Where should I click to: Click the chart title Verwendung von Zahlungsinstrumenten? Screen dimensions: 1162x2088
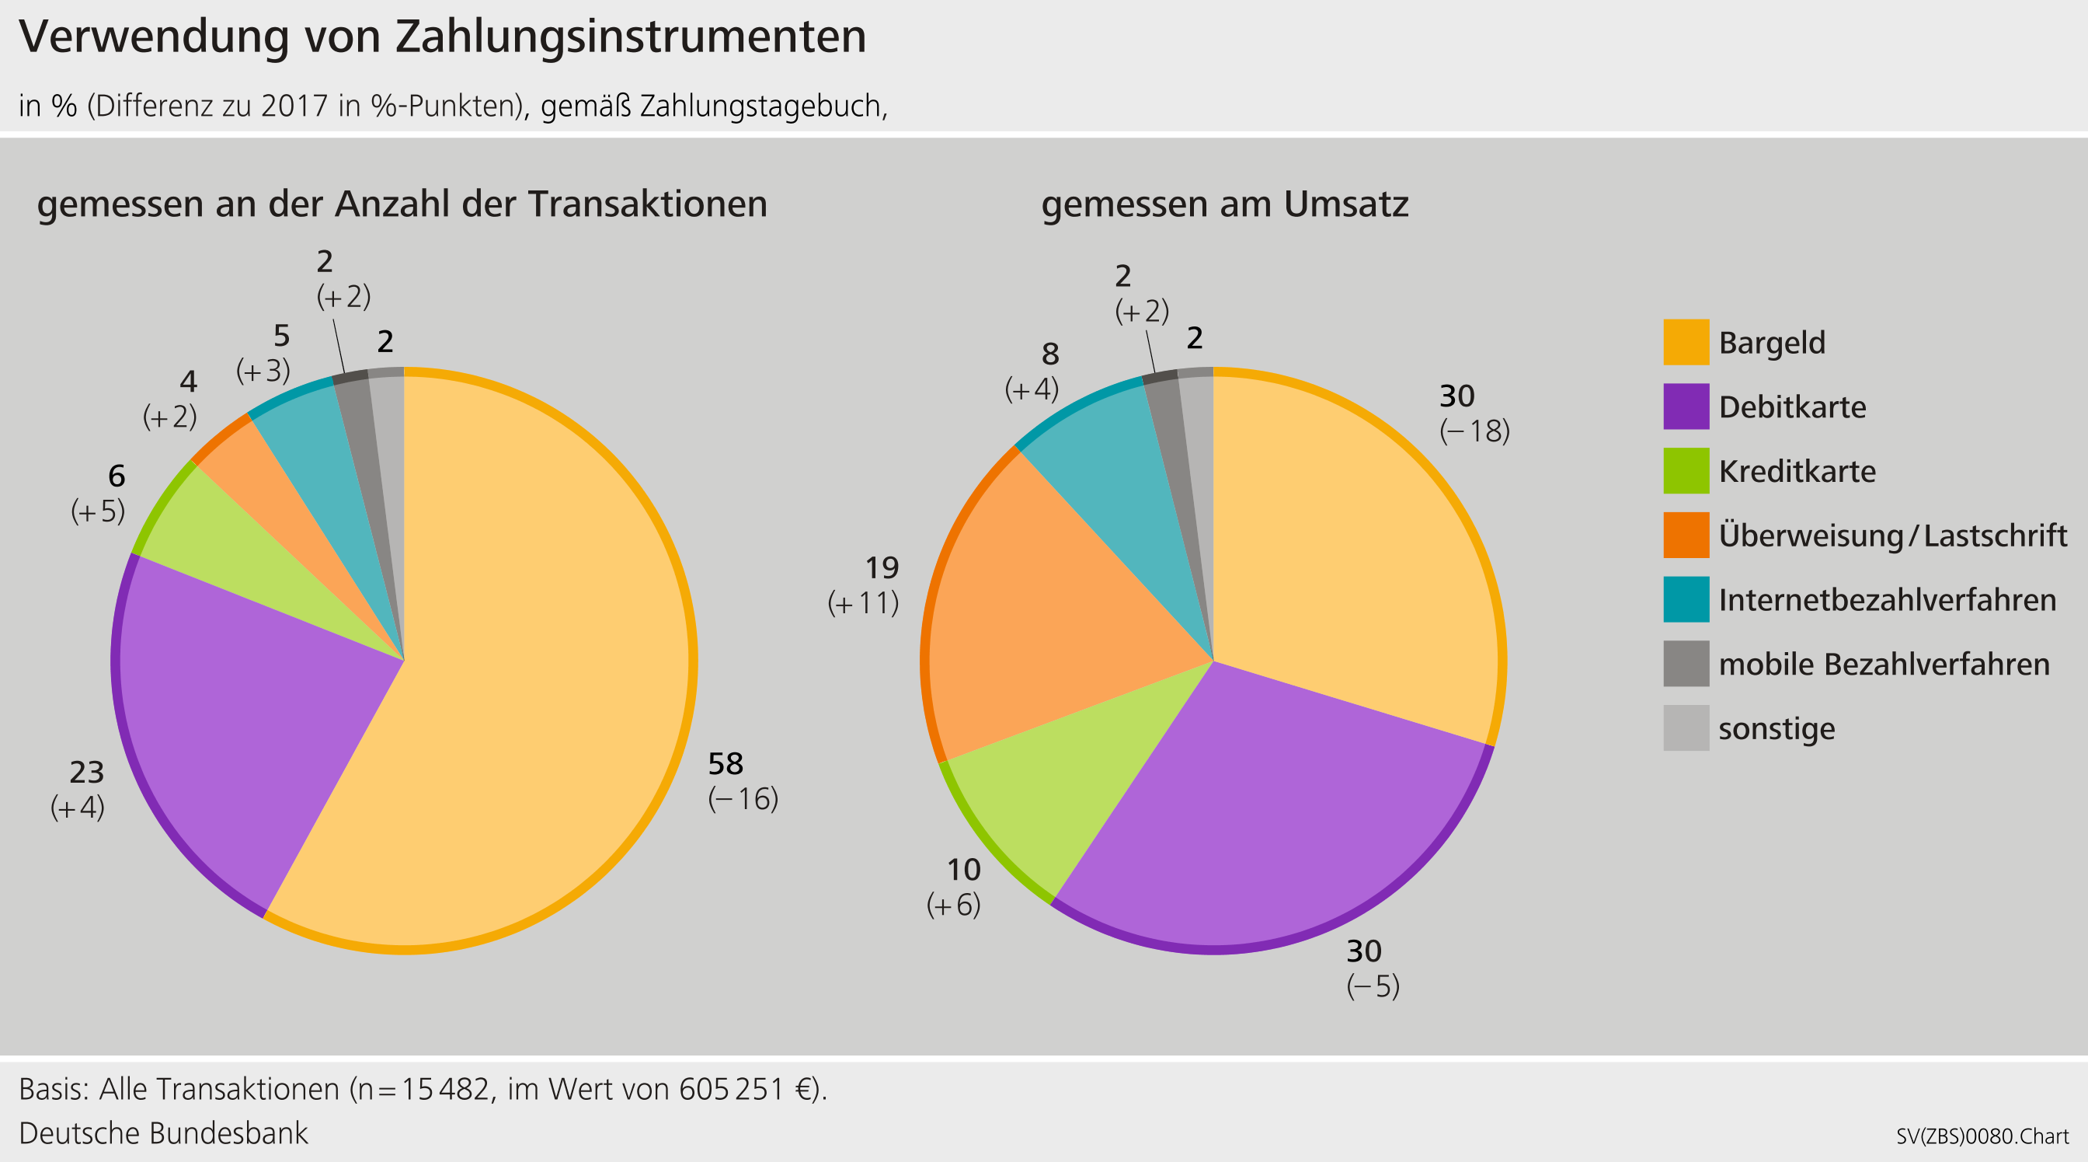pyautogui.click(x=443, y=37)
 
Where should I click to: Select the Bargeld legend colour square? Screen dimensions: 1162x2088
pyautogui.click(x=1686, y=342)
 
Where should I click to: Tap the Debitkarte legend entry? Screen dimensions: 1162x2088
pyautogui.click(x=1791, y=407)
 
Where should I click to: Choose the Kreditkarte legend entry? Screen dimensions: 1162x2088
pyautogui.click(x=1796, y=471)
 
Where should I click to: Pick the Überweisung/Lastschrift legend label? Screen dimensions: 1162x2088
pyautogui.click(x=1891, y=536)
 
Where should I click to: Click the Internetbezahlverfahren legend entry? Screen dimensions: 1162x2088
pyautogui.click(x=1887, y=600)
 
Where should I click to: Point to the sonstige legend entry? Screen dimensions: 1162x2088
pyautogui.click(x=1776, y=728)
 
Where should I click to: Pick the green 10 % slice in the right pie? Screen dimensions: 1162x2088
pyautogui.click(x=1078, y=779)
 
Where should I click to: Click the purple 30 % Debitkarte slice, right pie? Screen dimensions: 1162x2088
pyautogui.click(x=1281, y=811)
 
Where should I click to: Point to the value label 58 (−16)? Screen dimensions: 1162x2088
pyautogui.click(x=743, y=781)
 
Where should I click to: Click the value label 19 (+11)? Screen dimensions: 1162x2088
pyautogui.click(x=864, y=585)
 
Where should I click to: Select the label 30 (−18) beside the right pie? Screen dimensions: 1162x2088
pyautogui.click(x=1474, y=414)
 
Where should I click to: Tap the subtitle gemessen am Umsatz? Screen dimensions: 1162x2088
pyautogui.click(x=1224, y=204)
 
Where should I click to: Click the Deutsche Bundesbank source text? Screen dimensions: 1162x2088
pyautogui.click(x=163, y=1132)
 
